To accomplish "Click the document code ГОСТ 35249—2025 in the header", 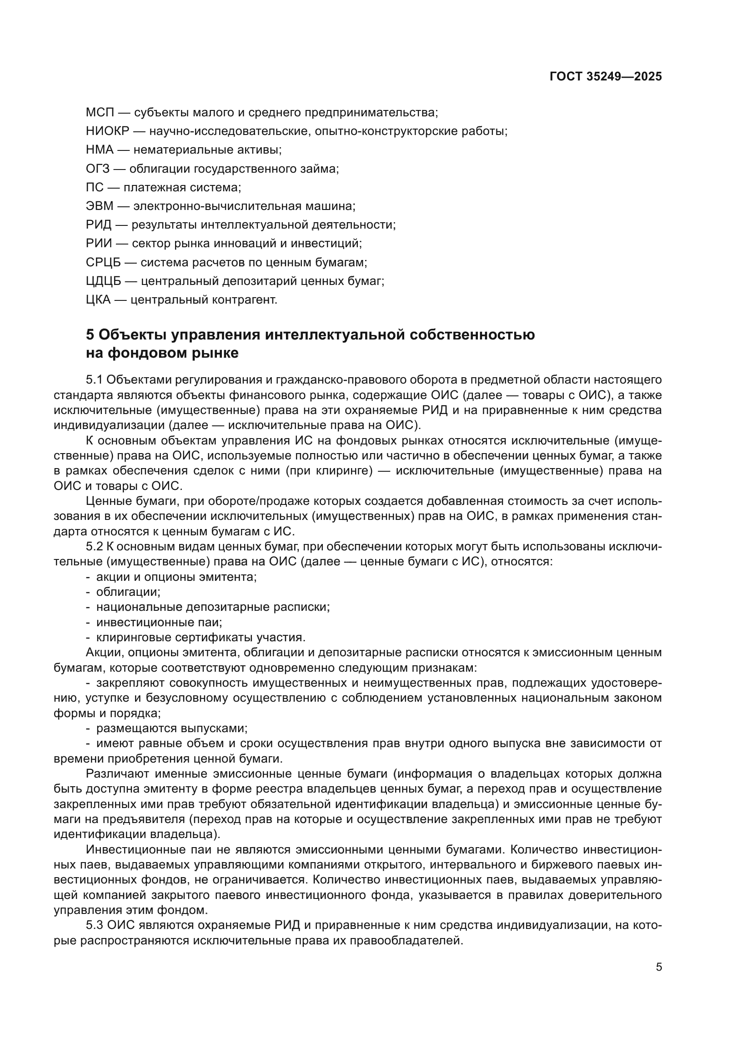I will [605, 77].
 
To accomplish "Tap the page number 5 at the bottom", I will [659, 967].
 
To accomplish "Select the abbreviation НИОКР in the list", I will [107, 131].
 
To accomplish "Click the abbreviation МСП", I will [100, 113].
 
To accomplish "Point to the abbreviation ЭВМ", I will [100, 206].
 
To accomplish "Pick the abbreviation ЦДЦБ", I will [103, 281].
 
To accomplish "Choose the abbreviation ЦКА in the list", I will [98, 300].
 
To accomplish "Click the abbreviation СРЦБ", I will [103, 263].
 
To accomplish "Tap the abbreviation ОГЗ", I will [98, 169].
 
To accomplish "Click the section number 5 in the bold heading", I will [90, 335].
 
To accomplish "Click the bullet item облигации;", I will [128, 592].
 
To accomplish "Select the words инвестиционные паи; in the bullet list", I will [159, 623].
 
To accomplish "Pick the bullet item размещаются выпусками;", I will [172, 729].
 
